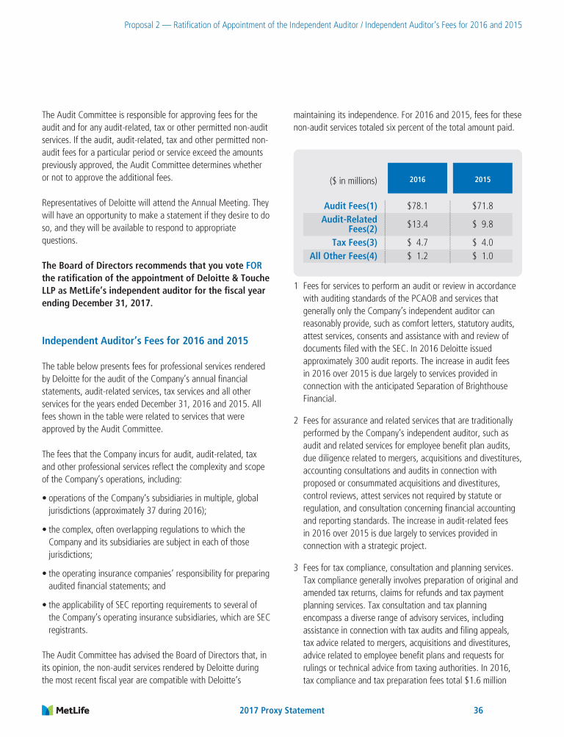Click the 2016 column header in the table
click(x=417, y=179)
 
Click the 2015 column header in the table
click(x=482, y=179)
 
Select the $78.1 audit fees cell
click(x=417, y=206)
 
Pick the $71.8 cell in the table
click(x=482, y=206)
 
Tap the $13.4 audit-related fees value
click(x=417, y=224)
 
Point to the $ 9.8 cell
click(x=482, y=224)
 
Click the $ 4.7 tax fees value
click(x=417, y=242)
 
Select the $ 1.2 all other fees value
click(x=417, y=256)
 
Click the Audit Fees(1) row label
click(x=350, y=206)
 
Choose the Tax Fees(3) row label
click(x=355, y=242)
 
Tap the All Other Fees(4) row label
click(x=344, y=256)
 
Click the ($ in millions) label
click(x=353, y=181)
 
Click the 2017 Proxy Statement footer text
click(x=282, y=711)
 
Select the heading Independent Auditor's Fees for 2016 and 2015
click(x=145, y=341)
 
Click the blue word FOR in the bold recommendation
click(x=253, y=265)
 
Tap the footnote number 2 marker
click(x=295, y=421)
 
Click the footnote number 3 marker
click(x=295, y=567)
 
